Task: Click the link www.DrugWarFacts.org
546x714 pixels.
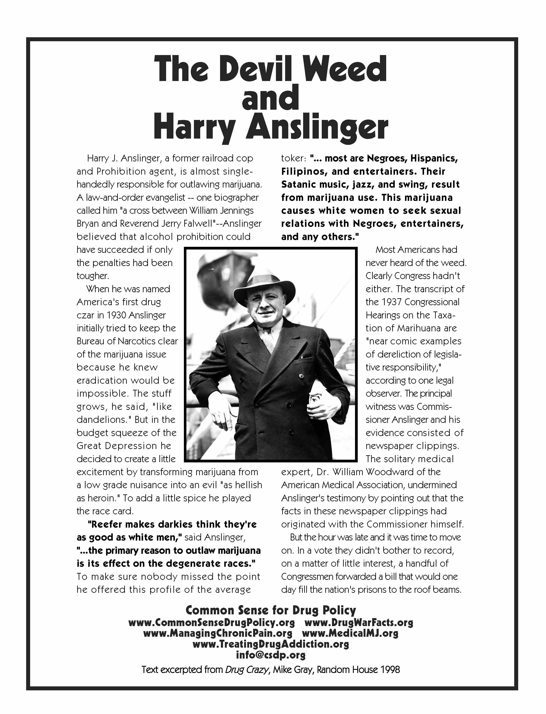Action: tap(359, 623)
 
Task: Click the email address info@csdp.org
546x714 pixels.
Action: tap(271, 655)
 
